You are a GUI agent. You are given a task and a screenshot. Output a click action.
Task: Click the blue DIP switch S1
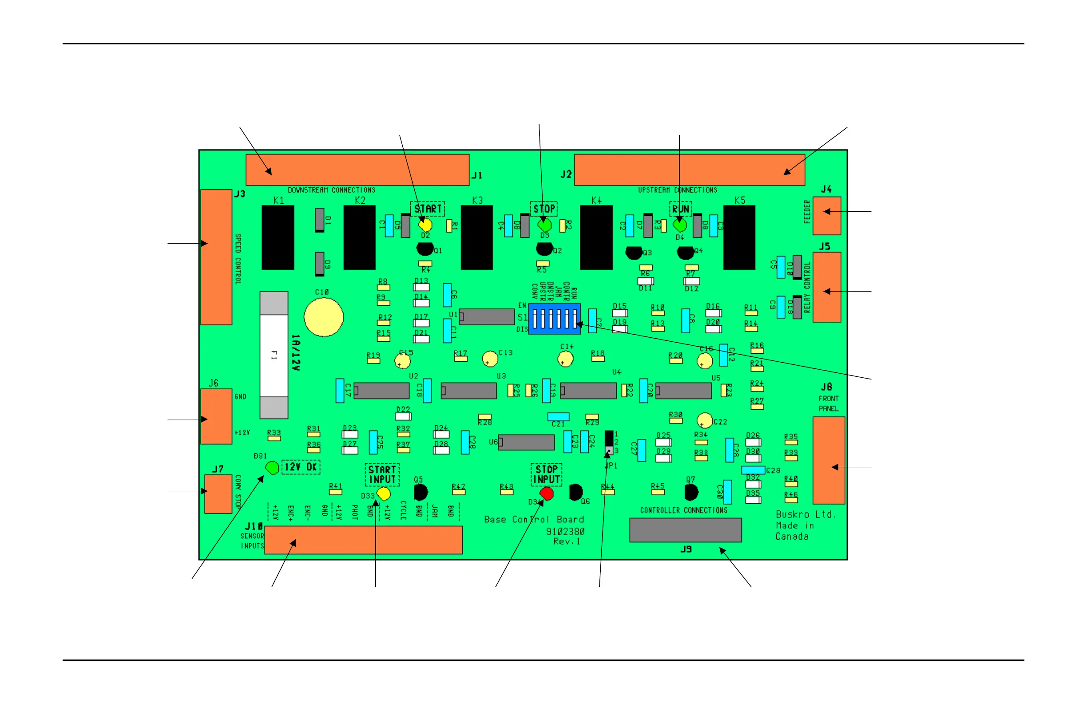tap(554, 319)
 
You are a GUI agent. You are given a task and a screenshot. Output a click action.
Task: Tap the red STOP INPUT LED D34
tap(547, 494)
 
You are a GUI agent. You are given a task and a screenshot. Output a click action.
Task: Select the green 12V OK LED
tap(272, 468)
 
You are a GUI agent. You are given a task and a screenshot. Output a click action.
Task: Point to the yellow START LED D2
tap(425, 225)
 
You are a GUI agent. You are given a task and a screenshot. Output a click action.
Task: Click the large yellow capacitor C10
tap(323, 317)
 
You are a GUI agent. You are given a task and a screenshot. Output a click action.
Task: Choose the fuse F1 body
tap(274, 355)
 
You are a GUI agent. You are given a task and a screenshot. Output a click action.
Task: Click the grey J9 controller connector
tap(685, 530)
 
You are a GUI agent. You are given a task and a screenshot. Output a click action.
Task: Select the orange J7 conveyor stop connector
tap(218, 494)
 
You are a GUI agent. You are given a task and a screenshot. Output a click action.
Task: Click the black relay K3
tap(476, 237)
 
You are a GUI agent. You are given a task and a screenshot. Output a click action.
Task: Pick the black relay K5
tap(739, 237)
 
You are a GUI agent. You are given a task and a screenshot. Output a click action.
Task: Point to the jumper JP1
tap(609, 443)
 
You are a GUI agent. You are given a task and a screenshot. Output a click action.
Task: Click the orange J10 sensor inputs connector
tap(363, 540)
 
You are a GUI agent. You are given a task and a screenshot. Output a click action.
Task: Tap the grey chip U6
tap(526, 442)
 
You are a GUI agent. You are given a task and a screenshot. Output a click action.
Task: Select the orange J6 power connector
tap(216, 416)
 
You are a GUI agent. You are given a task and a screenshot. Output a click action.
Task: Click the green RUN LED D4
tap(680, 225)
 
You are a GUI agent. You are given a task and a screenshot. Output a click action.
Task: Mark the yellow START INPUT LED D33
tap(384, 494)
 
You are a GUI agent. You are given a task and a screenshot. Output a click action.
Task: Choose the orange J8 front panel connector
tap(829, 460)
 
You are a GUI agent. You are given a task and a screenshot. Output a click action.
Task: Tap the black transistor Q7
tap(691, 493)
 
